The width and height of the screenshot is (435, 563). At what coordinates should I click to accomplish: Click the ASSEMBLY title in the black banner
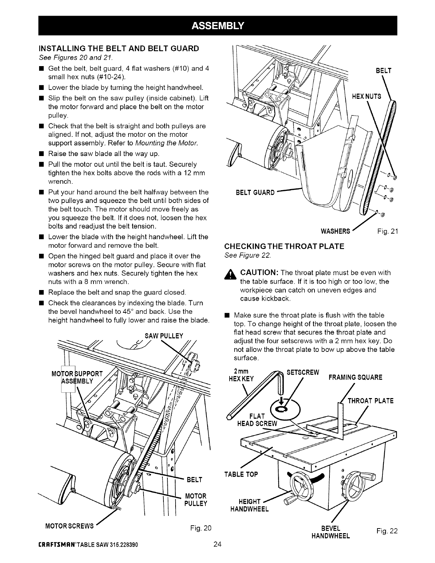coord(217,25)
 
